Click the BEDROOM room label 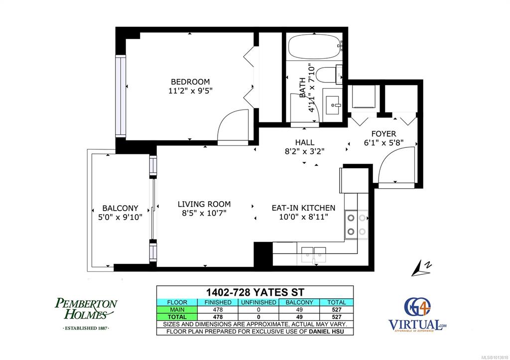(190, 82)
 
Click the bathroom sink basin (332, 105)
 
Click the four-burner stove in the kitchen (357, 225)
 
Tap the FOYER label (384, 133)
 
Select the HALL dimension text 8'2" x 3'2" (304, 151)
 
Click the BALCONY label (121, 208)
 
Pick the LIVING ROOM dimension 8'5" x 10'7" (204, 213)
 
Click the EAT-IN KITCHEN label (303, 208)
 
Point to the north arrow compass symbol (421, 268)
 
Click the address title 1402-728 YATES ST (255, 291)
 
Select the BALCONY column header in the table (299, 302)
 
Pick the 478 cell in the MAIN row (218, 310)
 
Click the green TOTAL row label (177, 317)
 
